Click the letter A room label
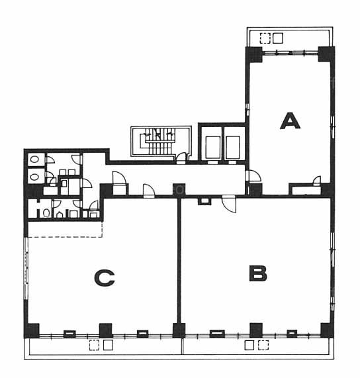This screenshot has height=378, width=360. (290, 121)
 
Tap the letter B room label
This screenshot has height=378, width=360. (257, 273)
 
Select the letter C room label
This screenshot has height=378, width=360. (104, 278)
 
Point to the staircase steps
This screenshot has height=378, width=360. (158, 142)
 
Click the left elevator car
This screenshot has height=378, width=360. (213, 148)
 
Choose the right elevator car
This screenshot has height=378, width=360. (232, 148)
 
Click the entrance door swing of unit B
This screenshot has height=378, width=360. (229, 204)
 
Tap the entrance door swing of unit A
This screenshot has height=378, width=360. (253, 176)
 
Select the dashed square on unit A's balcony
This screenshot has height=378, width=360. (265, 38)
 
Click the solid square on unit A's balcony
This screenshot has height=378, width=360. (277, 38)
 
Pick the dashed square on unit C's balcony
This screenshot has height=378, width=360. (94, 345)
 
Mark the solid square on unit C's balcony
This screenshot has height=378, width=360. (108, 345)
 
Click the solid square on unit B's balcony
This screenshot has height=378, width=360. (249, 345)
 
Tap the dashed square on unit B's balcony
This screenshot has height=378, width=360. (263, 345)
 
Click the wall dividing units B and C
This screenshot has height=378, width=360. (179, 260)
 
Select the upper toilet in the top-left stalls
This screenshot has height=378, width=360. (34, 159)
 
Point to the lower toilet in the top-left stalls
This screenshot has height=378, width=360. (34, 177)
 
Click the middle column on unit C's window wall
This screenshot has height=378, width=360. (106, 330)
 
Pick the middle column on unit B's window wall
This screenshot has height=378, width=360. (256, 330)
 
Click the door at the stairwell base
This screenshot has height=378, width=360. (181, 158)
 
